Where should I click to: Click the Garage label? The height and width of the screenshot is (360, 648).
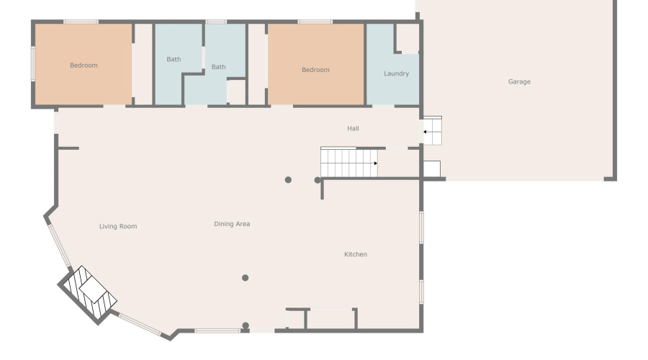519,82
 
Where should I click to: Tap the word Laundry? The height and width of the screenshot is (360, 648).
396,73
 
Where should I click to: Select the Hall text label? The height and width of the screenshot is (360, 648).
353,129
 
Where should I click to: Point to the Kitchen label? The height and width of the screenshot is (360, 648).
356,255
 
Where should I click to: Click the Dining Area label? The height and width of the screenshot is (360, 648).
232,225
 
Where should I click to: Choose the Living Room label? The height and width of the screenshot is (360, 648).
118,227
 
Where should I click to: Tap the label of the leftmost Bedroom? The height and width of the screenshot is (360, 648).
84,66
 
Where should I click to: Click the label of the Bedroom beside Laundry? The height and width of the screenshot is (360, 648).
315,70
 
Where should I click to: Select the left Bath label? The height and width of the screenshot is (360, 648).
174,59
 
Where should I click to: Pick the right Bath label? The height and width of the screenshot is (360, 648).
218,67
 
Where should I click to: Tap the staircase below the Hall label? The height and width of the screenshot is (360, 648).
348,163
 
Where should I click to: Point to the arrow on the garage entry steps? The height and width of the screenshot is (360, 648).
426,132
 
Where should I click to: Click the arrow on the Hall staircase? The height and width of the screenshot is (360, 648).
375,163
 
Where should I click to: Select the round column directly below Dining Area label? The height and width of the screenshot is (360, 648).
246,278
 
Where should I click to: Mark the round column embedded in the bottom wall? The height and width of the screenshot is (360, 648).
246,326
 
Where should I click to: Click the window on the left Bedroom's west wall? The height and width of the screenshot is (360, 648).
32,63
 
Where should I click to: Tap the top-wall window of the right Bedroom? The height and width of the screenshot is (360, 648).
315,22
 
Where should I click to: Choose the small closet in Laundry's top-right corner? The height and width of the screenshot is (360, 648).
407,37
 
